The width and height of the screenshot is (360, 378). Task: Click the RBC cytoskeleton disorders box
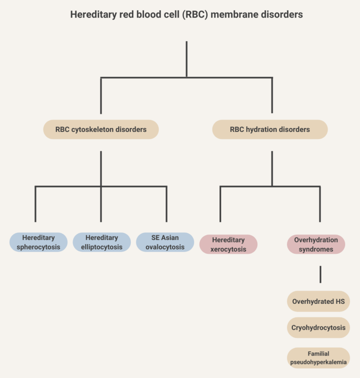pyautogui.click(x=101, y=129)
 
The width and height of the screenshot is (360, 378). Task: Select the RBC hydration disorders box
pyautogui.click(x=270, y=129)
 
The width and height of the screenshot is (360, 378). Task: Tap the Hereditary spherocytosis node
pyautogui.click(x=39, y=242)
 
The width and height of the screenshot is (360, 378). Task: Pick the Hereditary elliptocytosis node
pyautogui.click(x=102, y=242)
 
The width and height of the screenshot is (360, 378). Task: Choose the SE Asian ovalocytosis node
pyautogui.click(x=165, y=242)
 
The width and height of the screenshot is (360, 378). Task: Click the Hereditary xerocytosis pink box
pyautogui.click(x=228, y=244)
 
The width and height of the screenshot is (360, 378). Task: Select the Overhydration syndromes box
pyautogui.click(x=316, y=244)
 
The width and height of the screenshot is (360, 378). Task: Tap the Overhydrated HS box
pyautogui.click(x=318, y=301)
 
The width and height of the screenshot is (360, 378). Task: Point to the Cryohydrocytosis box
pyautogui.click(x=318, y=327)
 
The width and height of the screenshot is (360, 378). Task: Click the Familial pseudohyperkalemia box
pyautogui.click(x=318, y=358)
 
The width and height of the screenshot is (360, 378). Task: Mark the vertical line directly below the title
pyautogui.click(x=187, y=59)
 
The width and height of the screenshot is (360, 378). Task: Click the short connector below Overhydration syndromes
pyautogui.click(x=320, y=274)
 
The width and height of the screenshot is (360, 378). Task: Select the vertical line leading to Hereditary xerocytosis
pyautogui.click(x=220, y=204)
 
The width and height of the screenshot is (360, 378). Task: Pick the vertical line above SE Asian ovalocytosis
pyautogui.click(x=166, y=204)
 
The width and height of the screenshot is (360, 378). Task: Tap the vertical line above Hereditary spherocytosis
pyautogui.click(x=36, y=204)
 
